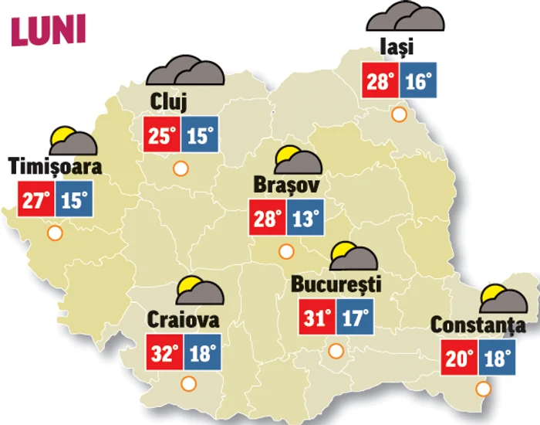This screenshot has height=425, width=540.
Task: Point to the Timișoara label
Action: (x=56, y=166)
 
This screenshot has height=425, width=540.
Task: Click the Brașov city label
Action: (x=285, y=186)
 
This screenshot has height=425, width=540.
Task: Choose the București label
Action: (x=336, y=284)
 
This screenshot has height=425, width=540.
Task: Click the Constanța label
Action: (x=479, y=325)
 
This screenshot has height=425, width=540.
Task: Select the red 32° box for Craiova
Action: (x=164, y=354)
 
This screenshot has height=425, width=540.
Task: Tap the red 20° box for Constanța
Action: (x=461, y=359)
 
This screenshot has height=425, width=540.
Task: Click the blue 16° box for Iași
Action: (x=417, y=81)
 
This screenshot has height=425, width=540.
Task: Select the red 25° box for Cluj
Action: (x=162, y=136)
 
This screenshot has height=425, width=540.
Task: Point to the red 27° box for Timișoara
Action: (x=35, y=201)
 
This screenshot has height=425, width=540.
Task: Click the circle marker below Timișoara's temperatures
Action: (x=54, y=233)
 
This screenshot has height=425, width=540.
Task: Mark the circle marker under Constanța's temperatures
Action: (x=484, y=389)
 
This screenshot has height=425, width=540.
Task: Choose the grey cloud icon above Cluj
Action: (x=186, y=71)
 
